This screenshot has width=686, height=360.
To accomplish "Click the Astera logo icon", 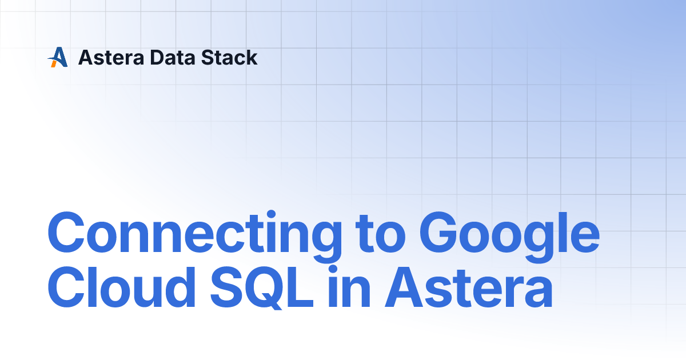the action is coord(58,57).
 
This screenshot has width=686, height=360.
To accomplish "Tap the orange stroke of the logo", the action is coord(54,63).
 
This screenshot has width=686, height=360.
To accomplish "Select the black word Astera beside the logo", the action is coord(111,58).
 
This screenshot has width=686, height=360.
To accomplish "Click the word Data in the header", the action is coord(173,58).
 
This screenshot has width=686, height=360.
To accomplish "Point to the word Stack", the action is coord(229,57).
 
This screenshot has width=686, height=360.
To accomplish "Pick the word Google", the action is coord(509,236).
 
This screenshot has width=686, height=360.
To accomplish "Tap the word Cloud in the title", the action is coord(122,287).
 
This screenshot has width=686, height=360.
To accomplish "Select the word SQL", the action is coord(262,288).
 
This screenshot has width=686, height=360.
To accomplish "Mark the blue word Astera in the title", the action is coord(469,287).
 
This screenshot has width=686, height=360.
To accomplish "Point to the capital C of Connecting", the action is coord(66,233).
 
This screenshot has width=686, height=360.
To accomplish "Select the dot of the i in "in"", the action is coord(333,270).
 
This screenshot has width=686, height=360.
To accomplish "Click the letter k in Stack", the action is coord(252,57).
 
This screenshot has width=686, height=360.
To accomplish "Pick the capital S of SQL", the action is coord(225,287).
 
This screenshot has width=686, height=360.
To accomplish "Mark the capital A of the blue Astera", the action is coord(405,287).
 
